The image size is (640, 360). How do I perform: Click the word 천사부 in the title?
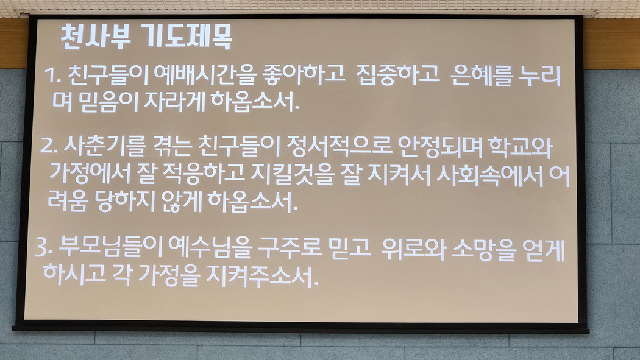pos(96,37)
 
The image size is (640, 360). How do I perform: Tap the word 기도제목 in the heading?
pos(188,37)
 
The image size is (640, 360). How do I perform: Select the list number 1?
pos(52,76)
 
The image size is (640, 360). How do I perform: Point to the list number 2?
pos(48,145)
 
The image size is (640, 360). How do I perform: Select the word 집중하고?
pos(398,75)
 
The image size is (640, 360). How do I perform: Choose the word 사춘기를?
pos(104,146)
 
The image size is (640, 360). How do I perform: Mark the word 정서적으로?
pos(338,146)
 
